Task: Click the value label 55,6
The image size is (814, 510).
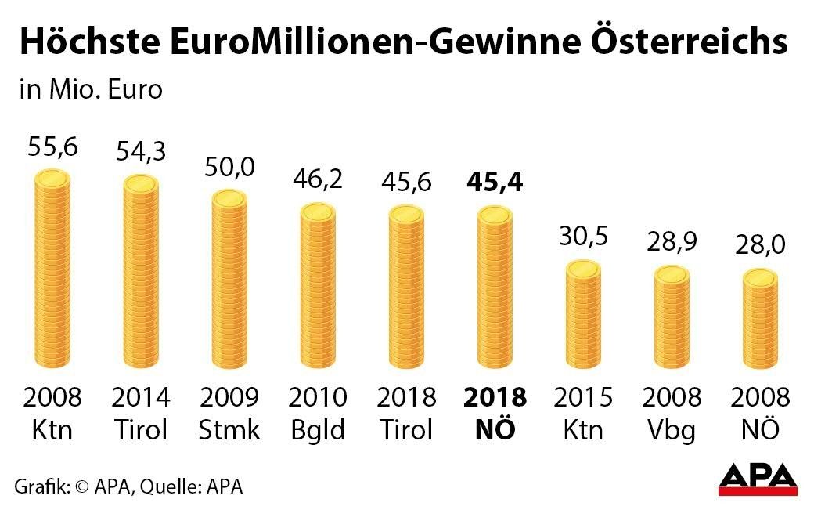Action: pos(52,146)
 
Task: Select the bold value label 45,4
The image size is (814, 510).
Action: pos(495,183)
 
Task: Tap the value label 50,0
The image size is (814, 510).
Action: pos(229,167)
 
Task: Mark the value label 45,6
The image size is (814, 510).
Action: pos(406,182)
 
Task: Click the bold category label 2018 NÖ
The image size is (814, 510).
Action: pos(495,413)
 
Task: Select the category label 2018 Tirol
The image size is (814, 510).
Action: pos(406,413)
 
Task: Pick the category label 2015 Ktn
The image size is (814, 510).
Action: pos(583,413)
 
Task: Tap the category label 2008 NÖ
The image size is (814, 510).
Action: pos(760,413)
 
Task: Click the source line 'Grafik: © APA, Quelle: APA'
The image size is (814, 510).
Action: pos(128,486)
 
